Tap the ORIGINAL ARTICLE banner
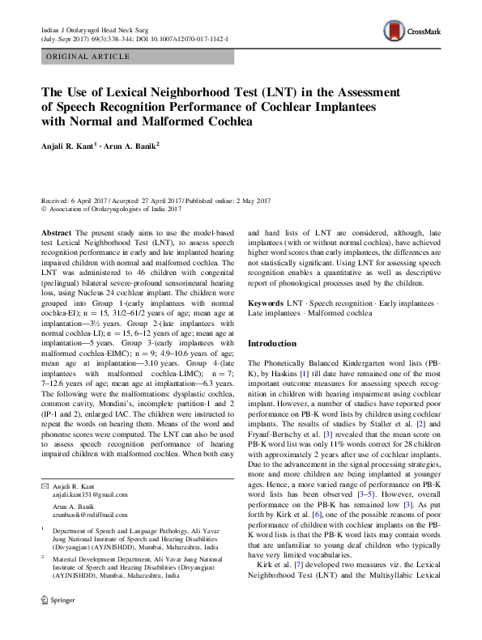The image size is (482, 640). pos(89,57)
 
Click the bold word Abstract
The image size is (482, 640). pos(56,231)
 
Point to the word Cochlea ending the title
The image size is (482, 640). pos(230,122)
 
